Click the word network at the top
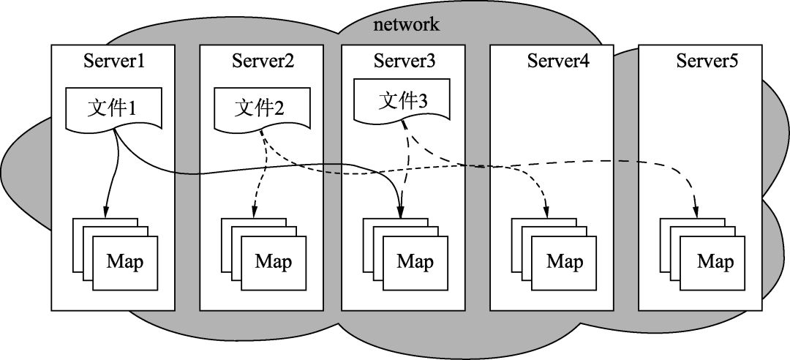click(x=406, y=25)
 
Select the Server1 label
click(x=114, y=61)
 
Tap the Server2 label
click(x=263, y=61)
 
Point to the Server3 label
click(x=405, y=61)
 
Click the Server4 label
click(x=558, y=61)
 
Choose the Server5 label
click(x=707, y=61)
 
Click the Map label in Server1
click(x=125, y=262)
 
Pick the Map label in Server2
click(x=273, y=262)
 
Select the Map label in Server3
click(x=415, y=262)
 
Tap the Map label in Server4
click(x=565, y=262)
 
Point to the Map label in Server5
click(x=715, y=262)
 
